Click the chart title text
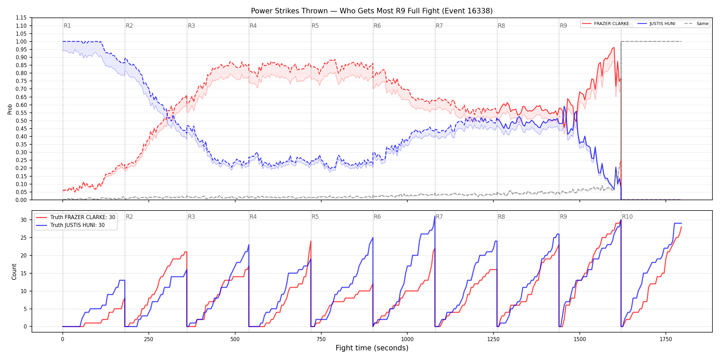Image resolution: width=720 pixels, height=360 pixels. point(372,11)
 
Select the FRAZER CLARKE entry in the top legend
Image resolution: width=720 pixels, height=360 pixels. point(611,24)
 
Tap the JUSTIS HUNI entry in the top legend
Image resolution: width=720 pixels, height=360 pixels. point(662,24)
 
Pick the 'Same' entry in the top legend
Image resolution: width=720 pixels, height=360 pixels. point(702,24)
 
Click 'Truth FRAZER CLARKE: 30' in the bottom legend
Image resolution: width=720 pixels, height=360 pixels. point(83,217)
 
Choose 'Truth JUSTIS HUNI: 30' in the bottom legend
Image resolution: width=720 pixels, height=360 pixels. point(77,225)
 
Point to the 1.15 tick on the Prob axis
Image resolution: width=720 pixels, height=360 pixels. point(21,18)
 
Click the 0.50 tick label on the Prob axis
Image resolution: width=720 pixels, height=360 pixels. point(21,121)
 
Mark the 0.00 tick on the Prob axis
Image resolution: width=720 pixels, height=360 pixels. point(21,200)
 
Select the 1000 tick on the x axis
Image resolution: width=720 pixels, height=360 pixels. point(407,339)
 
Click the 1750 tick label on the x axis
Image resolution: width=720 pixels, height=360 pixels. point(666,339)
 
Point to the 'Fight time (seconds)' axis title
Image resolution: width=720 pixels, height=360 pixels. point(372,348)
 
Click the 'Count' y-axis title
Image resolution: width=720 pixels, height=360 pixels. point(14,272)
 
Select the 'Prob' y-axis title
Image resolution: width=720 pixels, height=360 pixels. point(10,109)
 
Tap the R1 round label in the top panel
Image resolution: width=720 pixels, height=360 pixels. point(67,26)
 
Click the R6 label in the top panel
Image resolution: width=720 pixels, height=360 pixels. point(377,26)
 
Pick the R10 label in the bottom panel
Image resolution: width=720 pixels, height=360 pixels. point(627,217)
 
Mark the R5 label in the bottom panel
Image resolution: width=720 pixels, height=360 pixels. point(315,217)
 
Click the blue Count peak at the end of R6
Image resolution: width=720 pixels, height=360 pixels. point(435,216)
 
